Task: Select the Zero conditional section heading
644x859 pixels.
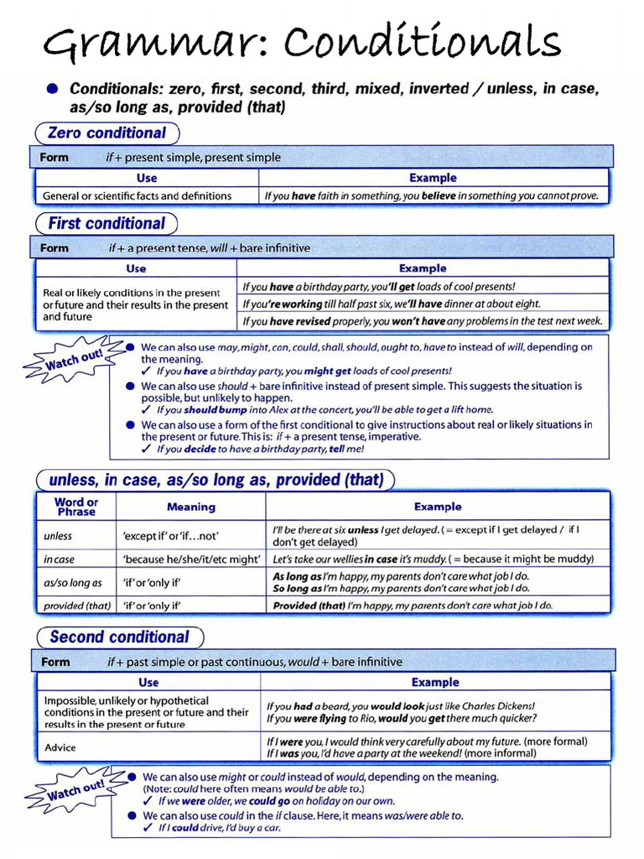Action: click(x=106, y=133)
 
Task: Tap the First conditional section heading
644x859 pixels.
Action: click(x=106, y=224)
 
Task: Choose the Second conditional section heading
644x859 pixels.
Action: click(x=119, y=637)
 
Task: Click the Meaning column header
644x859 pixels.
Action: click(x=191, y=507)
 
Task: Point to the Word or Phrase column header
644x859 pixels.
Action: click(x=76, y=507)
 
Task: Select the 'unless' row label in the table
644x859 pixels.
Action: click(x=58, y=536)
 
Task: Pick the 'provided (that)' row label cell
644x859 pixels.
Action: click(x=76, y=605)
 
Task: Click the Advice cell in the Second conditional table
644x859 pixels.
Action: click(x=60, y=747)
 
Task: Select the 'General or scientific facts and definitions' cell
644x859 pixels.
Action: click(x=137, y=195)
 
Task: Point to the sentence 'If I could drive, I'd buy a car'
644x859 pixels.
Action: click(x=219, y=828)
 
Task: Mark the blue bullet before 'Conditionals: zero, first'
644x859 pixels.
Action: click(x=53, y=89)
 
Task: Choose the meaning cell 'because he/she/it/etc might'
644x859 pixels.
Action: click(x=191, y=559)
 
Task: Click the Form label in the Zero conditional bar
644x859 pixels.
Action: click(x=55, y=157)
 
